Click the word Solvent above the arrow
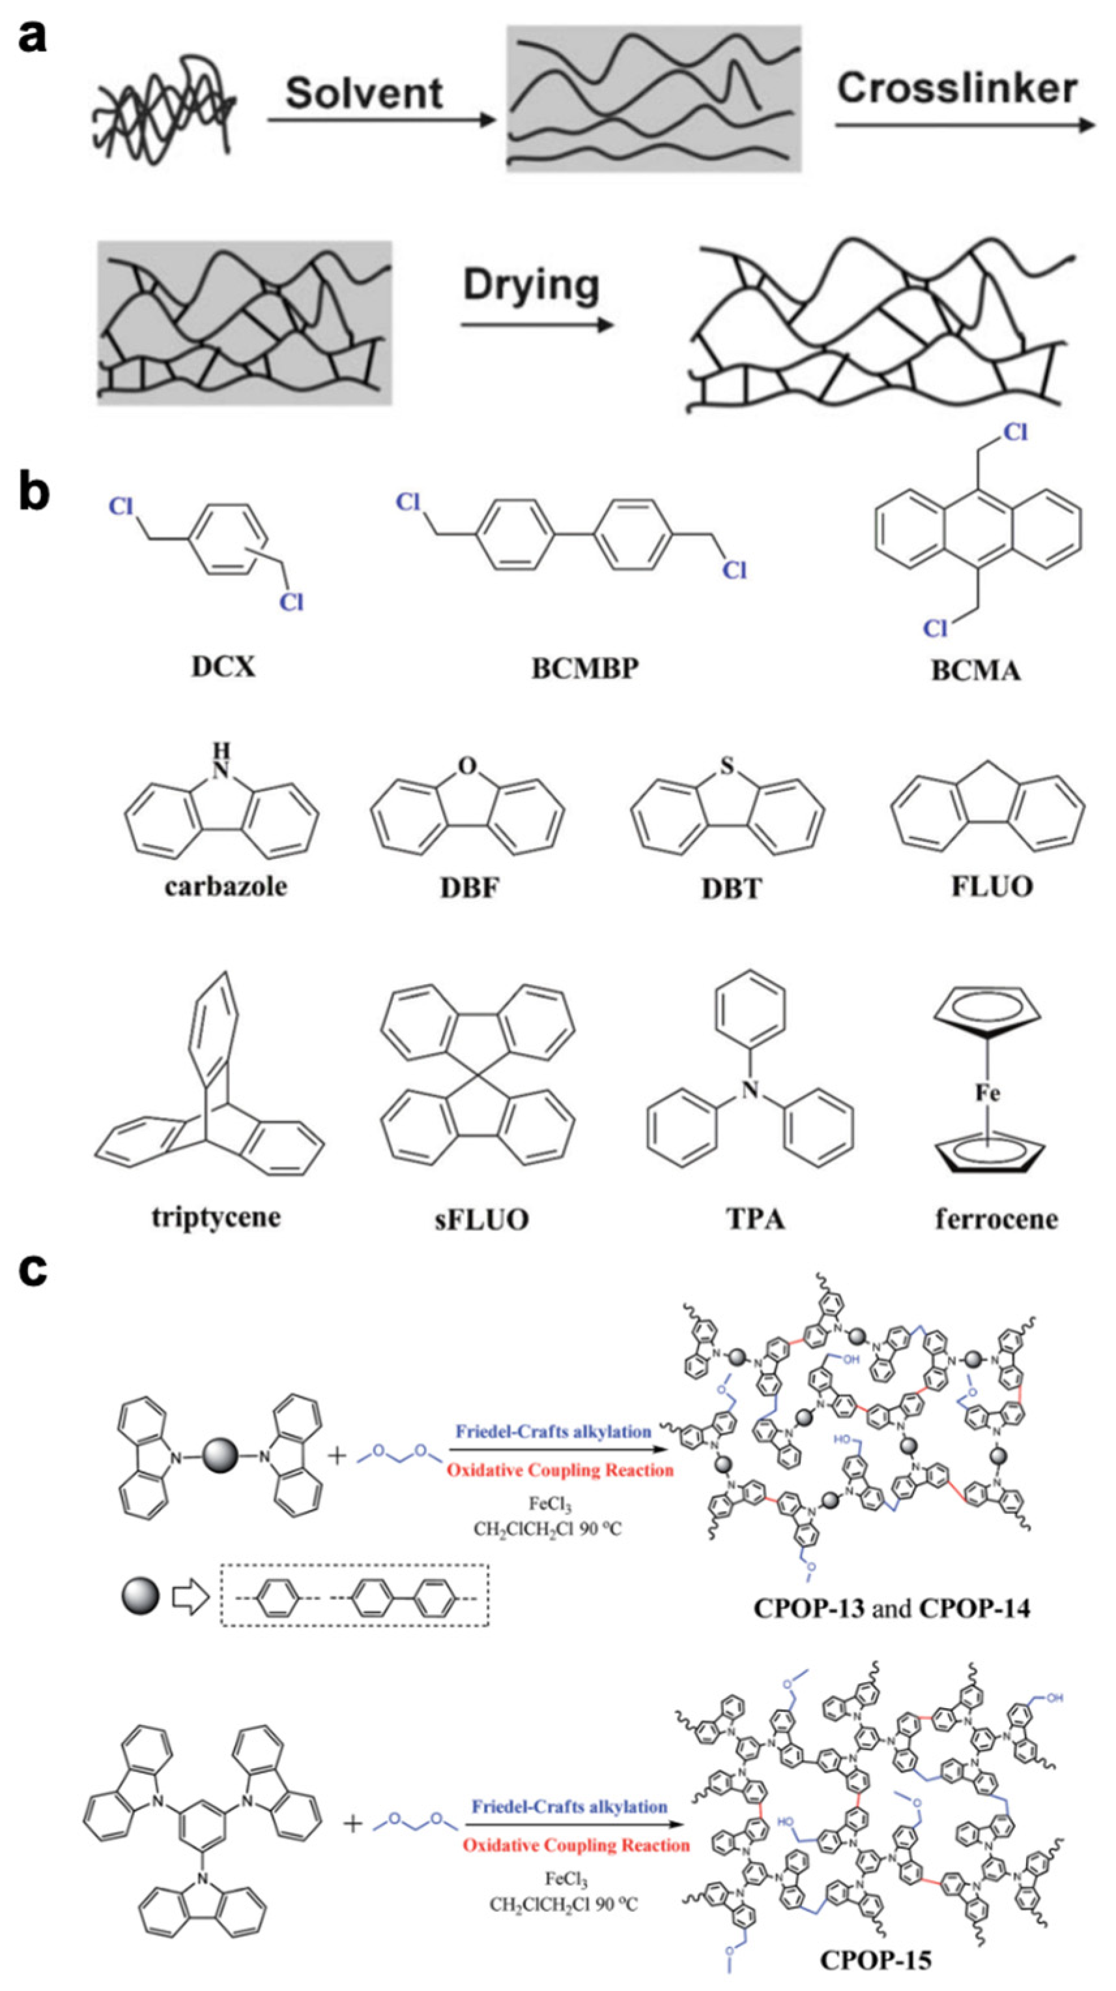pos(364,93)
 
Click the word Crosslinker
pos(957,88)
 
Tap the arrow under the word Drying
pos(537,325)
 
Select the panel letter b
pos(34,493)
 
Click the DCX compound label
pos(223,666)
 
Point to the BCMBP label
pos(585,668)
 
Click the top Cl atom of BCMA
pos(1015,433)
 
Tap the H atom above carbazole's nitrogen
pos(222,748)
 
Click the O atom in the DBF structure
pos(467,766)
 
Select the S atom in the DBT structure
pos(726,766)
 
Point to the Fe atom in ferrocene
pos(988,1093)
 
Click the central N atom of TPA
pos(748,1090)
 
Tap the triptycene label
pos(216,1217)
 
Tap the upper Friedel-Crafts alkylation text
pos(552,1431)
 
